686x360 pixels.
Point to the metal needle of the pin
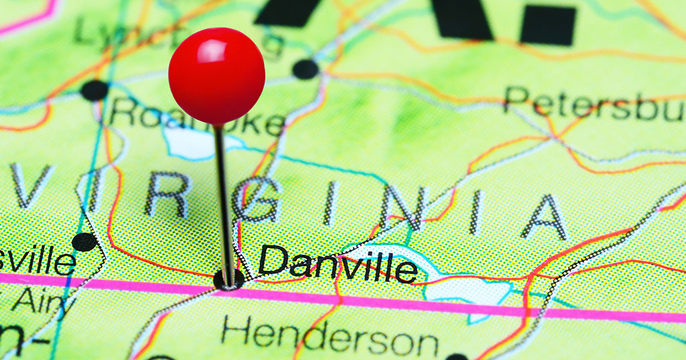pos(224,201)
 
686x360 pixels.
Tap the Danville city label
pos(338,263)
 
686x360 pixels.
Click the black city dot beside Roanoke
pos(94,90)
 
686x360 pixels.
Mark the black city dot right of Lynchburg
pos(305,69)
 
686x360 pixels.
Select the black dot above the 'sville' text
pos(84,241)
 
